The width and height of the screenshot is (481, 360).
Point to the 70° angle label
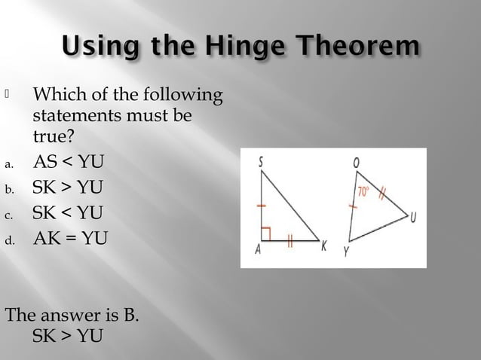point(364,191)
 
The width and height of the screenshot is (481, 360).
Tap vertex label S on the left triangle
point(259,160)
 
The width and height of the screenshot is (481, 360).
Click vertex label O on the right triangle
point(355,161)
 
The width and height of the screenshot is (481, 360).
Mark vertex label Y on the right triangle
point(346,253)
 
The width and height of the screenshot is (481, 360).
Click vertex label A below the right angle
point(259,252)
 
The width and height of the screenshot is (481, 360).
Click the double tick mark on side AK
point(290,242)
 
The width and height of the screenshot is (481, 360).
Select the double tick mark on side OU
point(382,194)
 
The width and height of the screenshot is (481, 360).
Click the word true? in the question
point(52,138)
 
